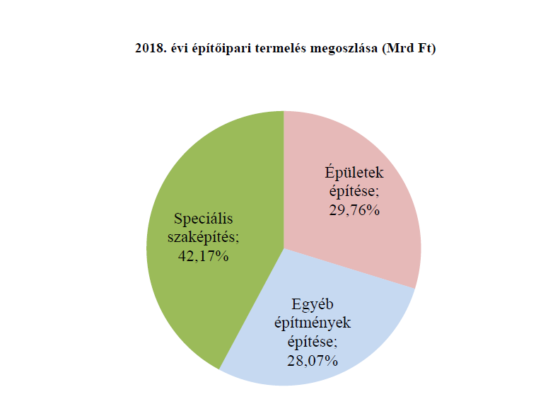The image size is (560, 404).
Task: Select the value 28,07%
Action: [313, 361]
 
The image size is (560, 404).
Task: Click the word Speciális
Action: [203, 219]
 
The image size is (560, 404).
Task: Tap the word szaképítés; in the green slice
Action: [202, 237]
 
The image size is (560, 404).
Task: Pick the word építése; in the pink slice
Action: [353, 191]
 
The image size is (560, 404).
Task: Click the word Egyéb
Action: [312, 305]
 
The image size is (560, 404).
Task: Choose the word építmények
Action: [312, 323]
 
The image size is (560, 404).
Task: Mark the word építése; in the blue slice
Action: [312, 342]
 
